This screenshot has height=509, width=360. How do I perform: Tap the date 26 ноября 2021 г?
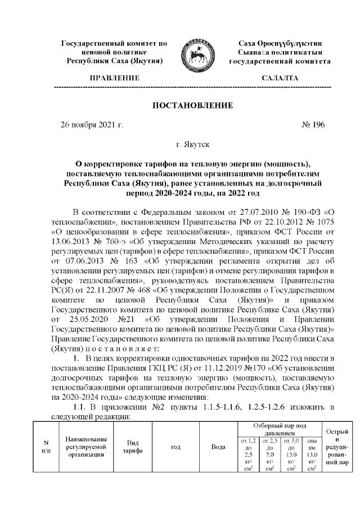(x=91, y=124)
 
